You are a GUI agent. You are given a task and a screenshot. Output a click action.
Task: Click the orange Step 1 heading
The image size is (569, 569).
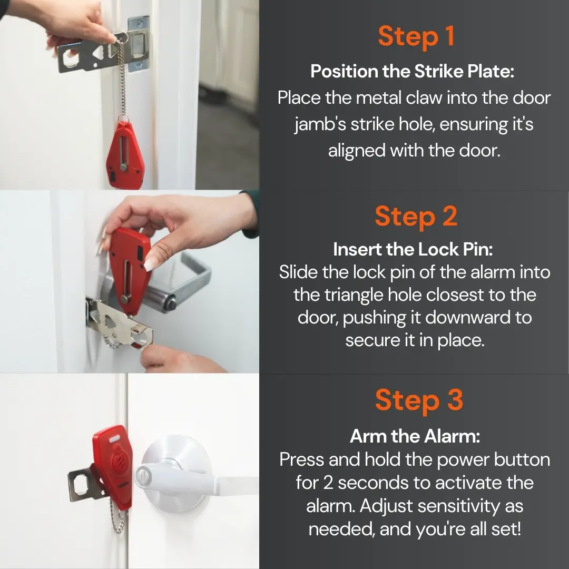tap(416, 36)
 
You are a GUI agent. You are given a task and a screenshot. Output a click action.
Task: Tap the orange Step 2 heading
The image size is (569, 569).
tap(416, 217)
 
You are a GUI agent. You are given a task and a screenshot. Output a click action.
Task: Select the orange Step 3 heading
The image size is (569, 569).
tap(418, 400)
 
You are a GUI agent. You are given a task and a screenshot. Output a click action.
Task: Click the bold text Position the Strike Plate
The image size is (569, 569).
tap(412, 71)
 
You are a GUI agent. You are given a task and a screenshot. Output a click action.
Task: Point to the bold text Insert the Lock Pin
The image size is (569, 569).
tap(413, 249)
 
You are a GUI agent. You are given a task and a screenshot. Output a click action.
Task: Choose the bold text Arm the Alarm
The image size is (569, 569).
tap(415, 436)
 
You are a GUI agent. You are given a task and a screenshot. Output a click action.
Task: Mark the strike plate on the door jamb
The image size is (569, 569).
tap(138, 45)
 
